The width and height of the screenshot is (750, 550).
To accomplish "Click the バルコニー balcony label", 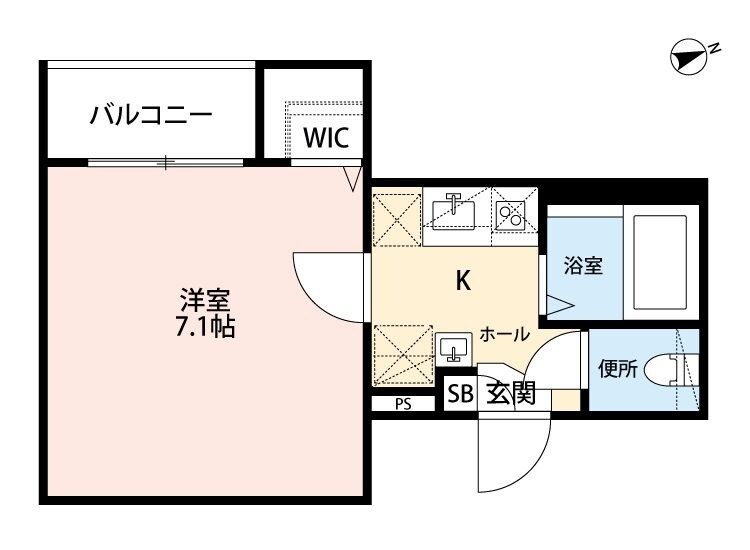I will (152, 114).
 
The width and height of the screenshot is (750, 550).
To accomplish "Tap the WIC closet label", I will (326, 137).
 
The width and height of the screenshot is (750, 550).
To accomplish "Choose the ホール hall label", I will (504, 334).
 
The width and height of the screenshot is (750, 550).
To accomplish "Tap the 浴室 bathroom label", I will (582, 266).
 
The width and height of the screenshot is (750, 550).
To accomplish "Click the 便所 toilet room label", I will (617, 368).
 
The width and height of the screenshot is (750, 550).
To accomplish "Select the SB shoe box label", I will (460, 394).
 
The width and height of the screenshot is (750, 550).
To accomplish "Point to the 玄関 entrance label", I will (510, 394).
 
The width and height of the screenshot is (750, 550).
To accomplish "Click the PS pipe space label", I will (402, 405).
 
